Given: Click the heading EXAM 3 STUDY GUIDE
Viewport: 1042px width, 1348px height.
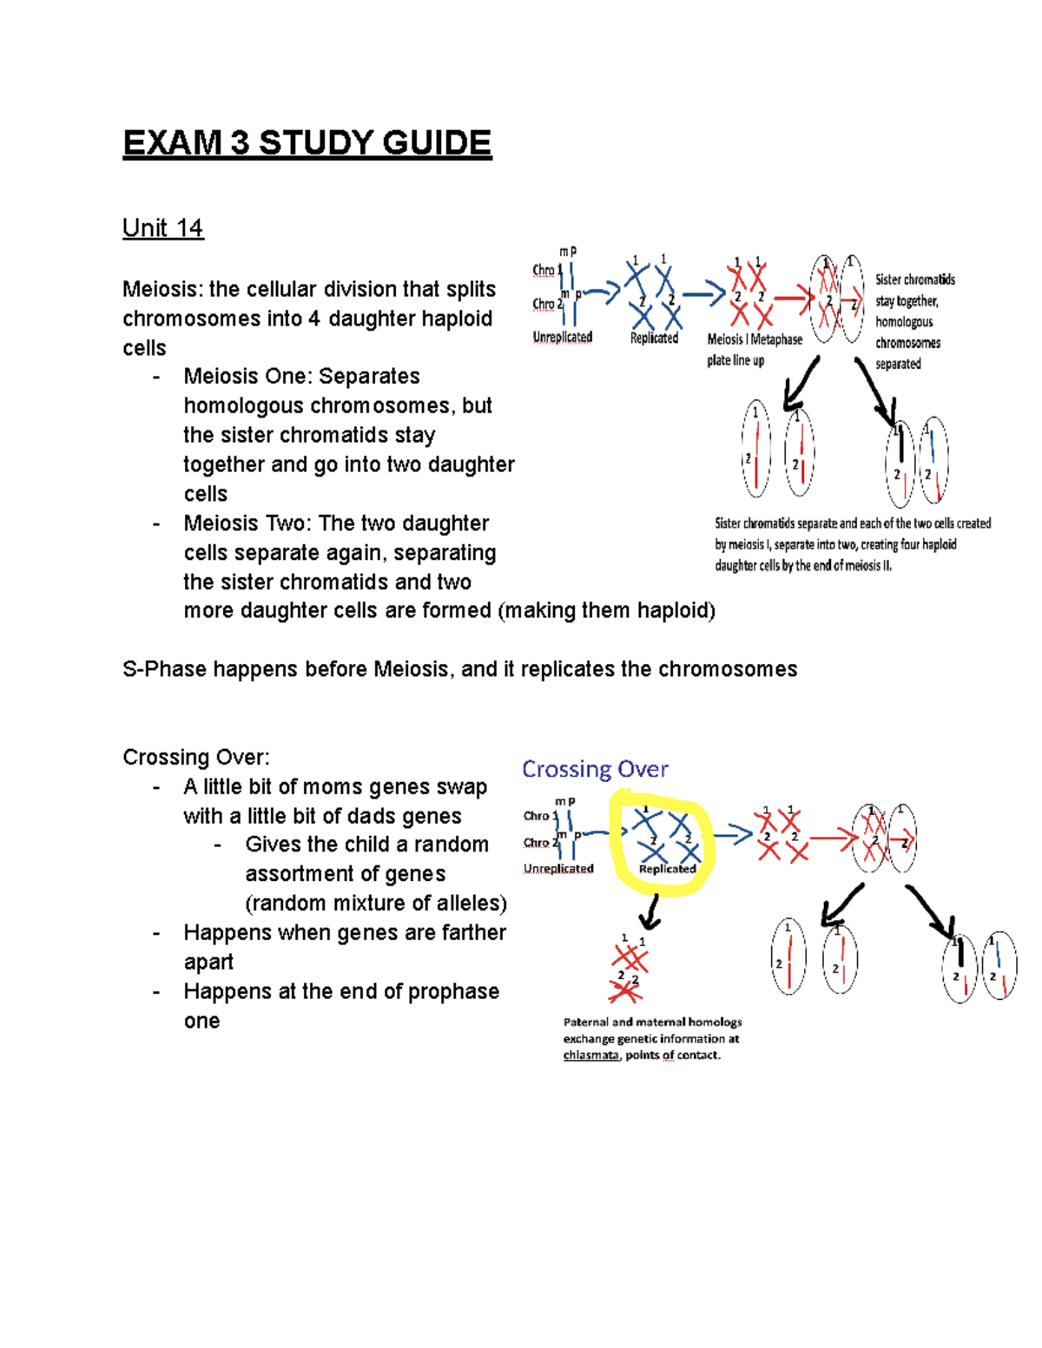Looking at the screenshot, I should click(307, 143).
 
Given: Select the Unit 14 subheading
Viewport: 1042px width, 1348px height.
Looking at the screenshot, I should click(162, 228).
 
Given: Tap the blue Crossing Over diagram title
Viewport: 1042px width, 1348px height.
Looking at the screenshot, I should click(595, 769).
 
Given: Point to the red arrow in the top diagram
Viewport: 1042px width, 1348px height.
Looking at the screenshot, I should click(791, 299).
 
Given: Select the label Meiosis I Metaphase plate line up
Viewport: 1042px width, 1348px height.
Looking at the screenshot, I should click(754, 350).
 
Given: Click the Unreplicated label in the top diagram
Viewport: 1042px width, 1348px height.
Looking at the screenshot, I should click(562, 337).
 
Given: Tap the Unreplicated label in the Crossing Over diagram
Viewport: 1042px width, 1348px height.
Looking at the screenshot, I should click(558, 868).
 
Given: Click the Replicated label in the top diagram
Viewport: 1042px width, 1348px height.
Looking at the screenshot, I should click(654, 338).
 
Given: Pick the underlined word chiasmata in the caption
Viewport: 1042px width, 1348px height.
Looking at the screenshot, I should click(590, 1055).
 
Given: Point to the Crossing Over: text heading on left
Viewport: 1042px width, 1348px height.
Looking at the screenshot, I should click(196, 758).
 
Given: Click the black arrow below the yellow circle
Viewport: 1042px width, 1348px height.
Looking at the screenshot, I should click(650, 911).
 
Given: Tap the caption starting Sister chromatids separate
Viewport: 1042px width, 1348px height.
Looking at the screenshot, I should click(852, 544).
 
